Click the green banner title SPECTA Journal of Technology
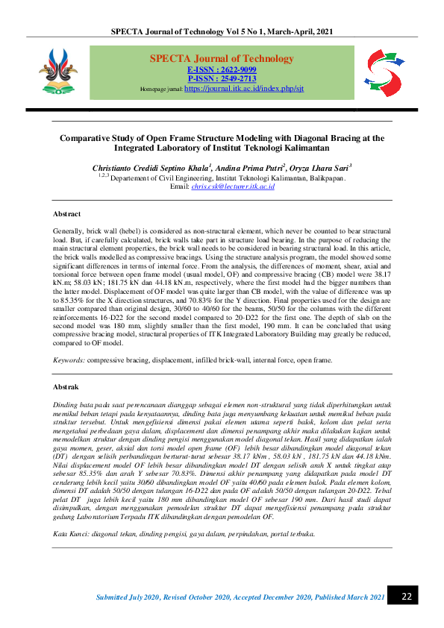click(211, 58)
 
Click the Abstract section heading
click(66, 213)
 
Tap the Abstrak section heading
click(66, 387)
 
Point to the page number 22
click(407, 597)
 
